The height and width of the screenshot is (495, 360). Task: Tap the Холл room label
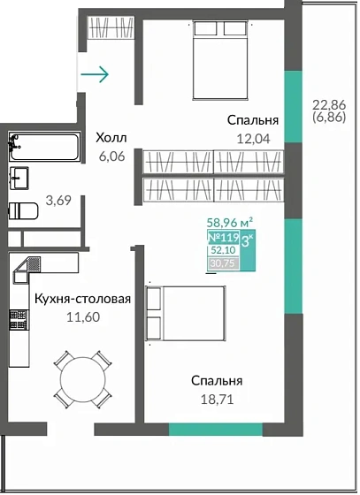111,137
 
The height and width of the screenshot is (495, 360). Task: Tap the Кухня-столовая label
82,299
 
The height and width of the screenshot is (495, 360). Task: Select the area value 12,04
252,137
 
